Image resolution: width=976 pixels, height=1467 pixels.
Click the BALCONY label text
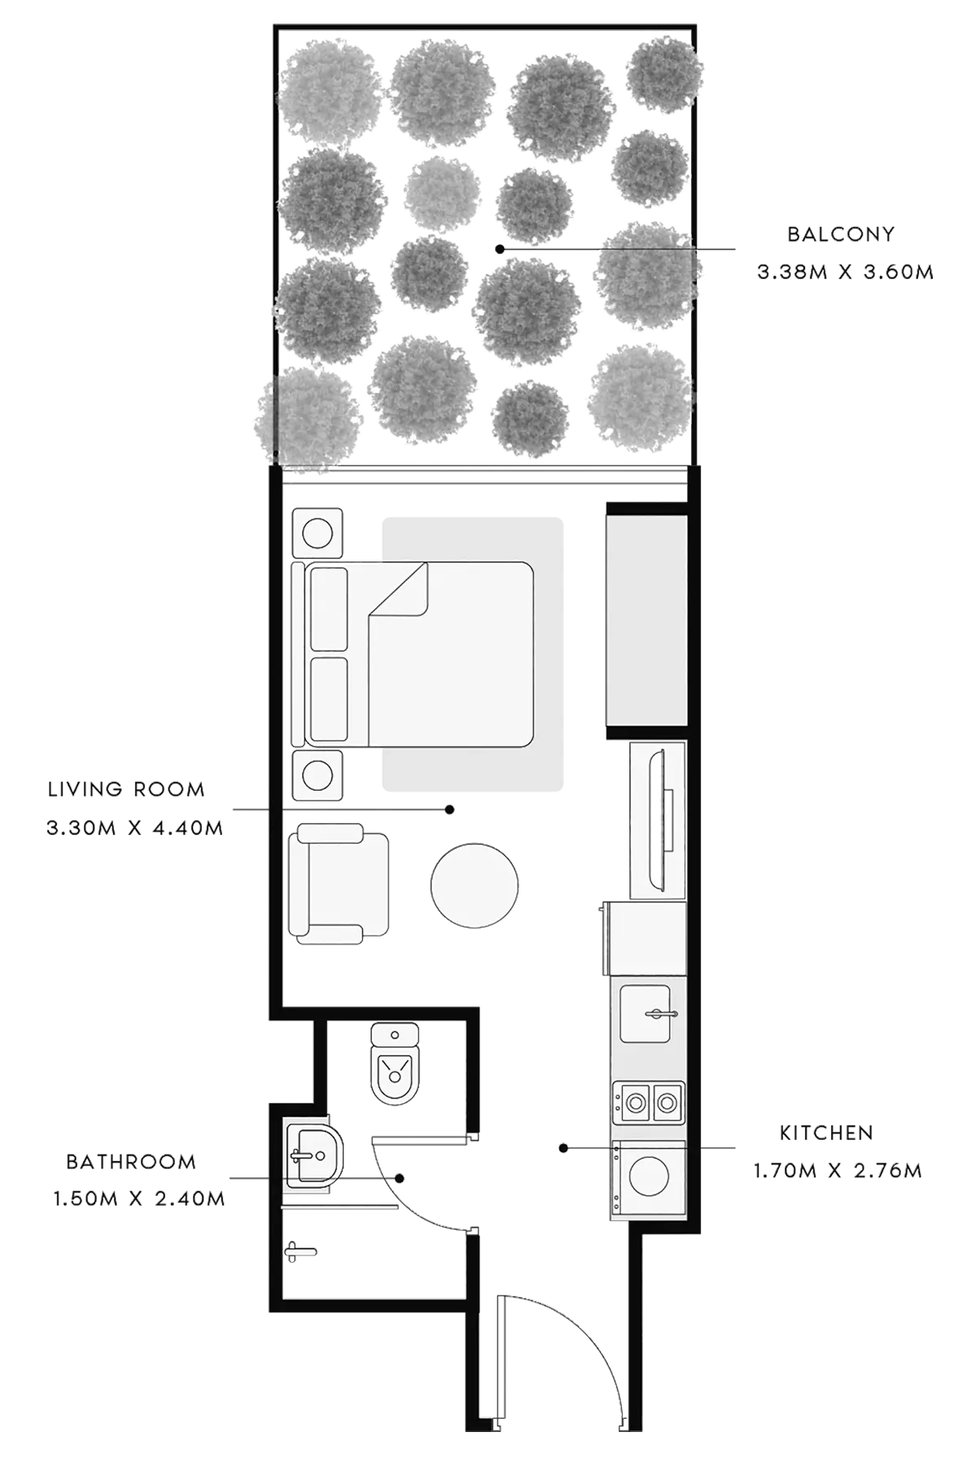pyautogui.click(x=841, y=234)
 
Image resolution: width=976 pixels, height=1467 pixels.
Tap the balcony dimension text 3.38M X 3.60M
pyautogui.click(x=845, y=272)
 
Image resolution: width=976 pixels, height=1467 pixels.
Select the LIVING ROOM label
pyautogui.click(x=126, y=789)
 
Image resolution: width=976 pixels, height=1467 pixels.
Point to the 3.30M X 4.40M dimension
pyautogui.click(x=135, y=828)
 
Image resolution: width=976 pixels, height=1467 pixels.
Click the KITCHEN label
pyautogui.click(x=826, y=1133)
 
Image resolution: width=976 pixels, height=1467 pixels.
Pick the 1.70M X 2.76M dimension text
pyautogui.click(x=838, y=1171)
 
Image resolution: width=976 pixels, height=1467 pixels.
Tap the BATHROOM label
pyautogui.click(x=131, y=1162)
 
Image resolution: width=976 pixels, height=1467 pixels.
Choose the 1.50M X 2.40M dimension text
pyautogui.click(x=139, y=1199)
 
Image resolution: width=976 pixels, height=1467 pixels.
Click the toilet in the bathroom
pyautogui.click(x=395, y=1063)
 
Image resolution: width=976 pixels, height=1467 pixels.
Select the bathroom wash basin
pyautogui.click(x=314, y=1154)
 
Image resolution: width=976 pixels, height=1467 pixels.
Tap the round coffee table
pyautogui.click(x=475, y=885)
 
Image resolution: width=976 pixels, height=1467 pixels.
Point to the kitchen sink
pyautogui.click(x=646, y=1014)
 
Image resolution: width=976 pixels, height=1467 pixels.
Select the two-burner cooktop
pyautogui.click(x=649, y=1102)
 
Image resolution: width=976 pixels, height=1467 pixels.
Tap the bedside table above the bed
pyautogui.click(x=317, y=534)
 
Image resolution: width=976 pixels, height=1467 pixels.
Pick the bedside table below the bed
pyautogui.click(x=317, y=775)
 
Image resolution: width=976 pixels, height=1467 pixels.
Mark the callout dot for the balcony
pyautogui.click(x=500, y=249)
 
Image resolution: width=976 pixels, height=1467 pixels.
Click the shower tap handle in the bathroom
pyautogui.click(x=299, y=1251)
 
